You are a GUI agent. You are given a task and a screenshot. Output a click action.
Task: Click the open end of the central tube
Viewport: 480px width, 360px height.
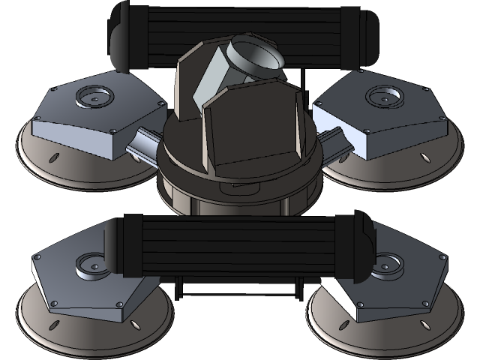tap(257, 55)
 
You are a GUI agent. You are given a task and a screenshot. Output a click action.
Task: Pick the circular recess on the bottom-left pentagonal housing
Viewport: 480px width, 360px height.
tap(92, 263)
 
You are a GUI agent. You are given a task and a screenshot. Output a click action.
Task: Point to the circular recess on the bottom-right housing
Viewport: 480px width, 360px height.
tap(389, 264)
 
